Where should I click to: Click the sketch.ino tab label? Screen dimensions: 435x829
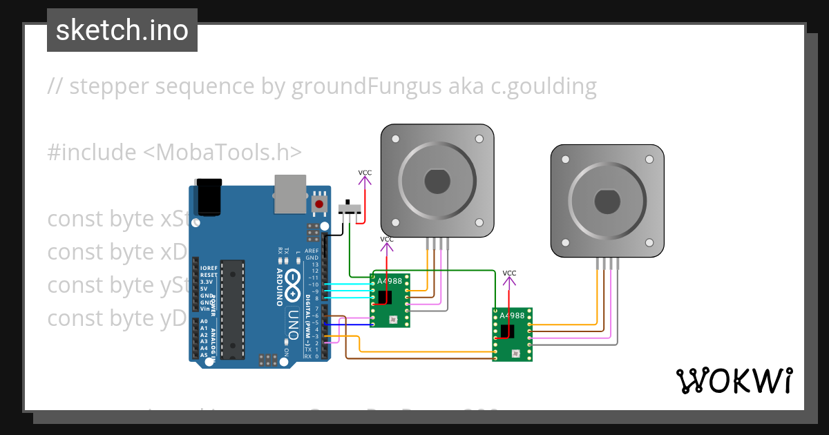pos(122,30)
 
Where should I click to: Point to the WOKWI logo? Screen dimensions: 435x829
pos(734,380)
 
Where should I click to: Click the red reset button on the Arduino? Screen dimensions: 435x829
pos(318,204)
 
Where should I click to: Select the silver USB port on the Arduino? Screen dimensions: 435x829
pos(290,193)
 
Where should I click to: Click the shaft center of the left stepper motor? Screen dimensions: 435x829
pos(437,181)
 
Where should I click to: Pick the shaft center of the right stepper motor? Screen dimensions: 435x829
pos(606,201)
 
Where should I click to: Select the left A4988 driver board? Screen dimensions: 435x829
pos(390,300)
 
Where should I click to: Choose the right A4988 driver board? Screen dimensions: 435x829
pos(513,334)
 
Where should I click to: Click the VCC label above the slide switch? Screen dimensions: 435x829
pos(365,173)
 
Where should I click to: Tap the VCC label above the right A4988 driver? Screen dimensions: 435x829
pos(509,273)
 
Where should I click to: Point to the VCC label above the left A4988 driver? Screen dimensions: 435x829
pos(387,240)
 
